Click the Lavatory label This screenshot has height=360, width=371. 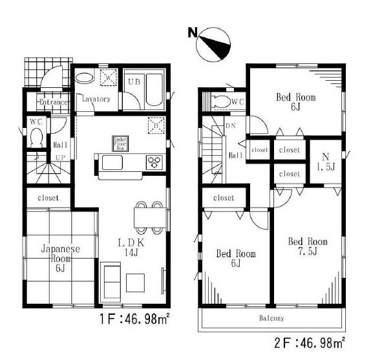click(96, 100)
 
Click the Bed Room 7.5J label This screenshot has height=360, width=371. click(307, 246)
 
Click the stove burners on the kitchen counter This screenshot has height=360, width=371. click(156, 162)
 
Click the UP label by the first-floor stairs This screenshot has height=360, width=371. click(60, 158)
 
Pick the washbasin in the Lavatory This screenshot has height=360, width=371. click(85, 79)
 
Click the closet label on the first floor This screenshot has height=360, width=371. click(48, 198)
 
